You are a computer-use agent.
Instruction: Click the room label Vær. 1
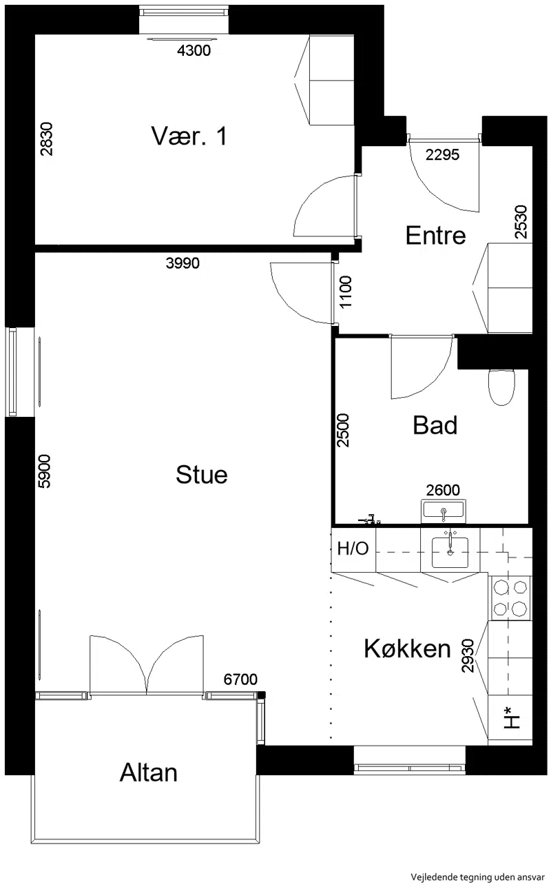pyautogui.click(x=189, y=136)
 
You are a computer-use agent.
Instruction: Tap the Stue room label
pyautogui.click(x=202, y=475)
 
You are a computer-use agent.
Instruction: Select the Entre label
pyautogui.click(x=435, y=236)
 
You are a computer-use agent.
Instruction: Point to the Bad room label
pyautogui.click(x=435, y=425)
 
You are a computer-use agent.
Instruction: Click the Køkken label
pyautogui.click(x=408, y=649)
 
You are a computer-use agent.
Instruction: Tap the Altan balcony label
pyautogui.click(x=148, y=773)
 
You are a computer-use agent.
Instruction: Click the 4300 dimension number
pyautogui.click(x=194, y=51)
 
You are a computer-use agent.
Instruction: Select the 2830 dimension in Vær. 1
pyautogui.click(x=46, y=139)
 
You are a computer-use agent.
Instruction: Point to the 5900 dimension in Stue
pyautogui.click(x=44, y=471)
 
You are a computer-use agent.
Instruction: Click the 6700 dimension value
pyautogui.click(x=240, y=679)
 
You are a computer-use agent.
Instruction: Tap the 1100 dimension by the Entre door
pyautogui.click(x=346, y=292)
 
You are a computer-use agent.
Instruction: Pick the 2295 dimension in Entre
pyautogui.click(x=442, y=155)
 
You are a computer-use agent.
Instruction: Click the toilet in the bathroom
pyautogui.click(x=502, y=387)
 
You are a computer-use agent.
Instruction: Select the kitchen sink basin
pyautogui.click(x=450, y=552)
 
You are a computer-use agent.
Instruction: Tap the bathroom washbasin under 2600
pyautogui.click(x=444, y=511)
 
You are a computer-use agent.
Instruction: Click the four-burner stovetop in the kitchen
pyautogui.click(x=510, y=597)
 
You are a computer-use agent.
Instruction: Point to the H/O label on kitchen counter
pyautogui.click(x=353, y=549)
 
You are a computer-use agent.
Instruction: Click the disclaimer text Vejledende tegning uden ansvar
pyautogui.click(x=477, y=877)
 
